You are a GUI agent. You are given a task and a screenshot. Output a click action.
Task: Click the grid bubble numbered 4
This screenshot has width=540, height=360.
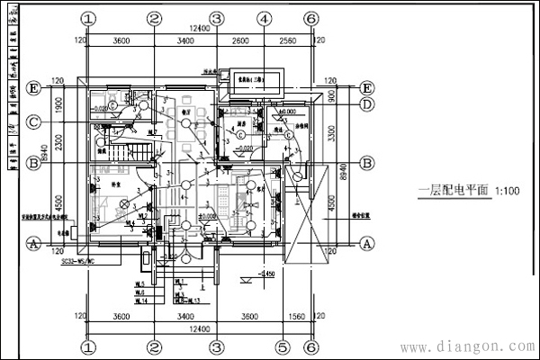(263, 18)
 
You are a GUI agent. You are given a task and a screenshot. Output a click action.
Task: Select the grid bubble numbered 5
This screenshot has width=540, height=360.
(282, 346)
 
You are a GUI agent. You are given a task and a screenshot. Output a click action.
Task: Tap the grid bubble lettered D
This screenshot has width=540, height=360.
(366, 104)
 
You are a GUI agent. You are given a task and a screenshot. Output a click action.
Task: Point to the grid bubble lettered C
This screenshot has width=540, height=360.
(34, 121)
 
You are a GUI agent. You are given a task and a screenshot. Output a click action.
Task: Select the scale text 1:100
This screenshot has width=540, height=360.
(509, 191)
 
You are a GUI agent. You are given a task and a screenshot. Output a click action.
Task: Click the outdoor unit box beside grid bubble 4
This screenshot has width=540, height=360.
(253, 79)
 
